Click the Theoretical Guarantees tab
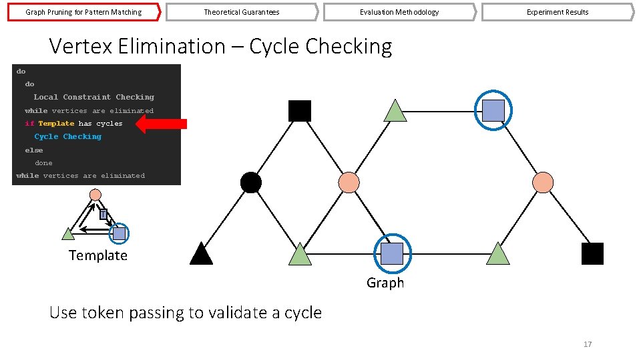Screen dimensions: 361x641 [241, 12]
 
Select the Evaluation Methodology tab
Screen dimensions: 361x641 [399, 12]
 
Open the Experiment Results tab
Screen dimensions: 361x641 [557, 12]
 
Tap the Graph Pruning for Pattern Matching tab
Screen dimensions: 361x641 [83, 12]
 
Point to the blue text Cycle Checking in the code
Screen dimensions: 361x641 [68, 136]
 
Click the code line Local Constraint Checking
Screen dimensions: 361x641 [93, 97]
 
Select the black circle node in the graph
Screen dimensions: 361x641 [250, 183]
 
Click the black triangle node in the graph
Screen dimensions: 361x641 [201, 254]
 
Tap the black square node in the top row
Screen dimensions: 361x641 [300, 111]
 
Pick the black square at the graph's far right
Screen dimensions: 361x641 [592, 254]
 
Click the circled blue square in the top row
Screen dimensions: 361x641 [493, 110]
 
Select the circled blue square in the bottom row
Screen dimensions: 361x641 [392, 253]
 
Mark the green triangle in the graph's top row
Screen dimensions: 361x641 [396, 112]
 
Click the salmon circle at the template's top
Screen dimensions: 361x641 [95, 195]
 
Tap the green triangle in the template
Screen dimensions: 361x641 [68, 234]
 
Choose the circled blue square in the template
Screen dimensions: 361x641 [119, 233]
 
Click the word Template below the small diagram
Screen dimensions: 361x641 [97, 255]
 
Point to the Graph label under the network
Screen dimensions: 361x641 [385, 283]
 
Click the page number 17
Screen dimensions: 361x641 [588, 344]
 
